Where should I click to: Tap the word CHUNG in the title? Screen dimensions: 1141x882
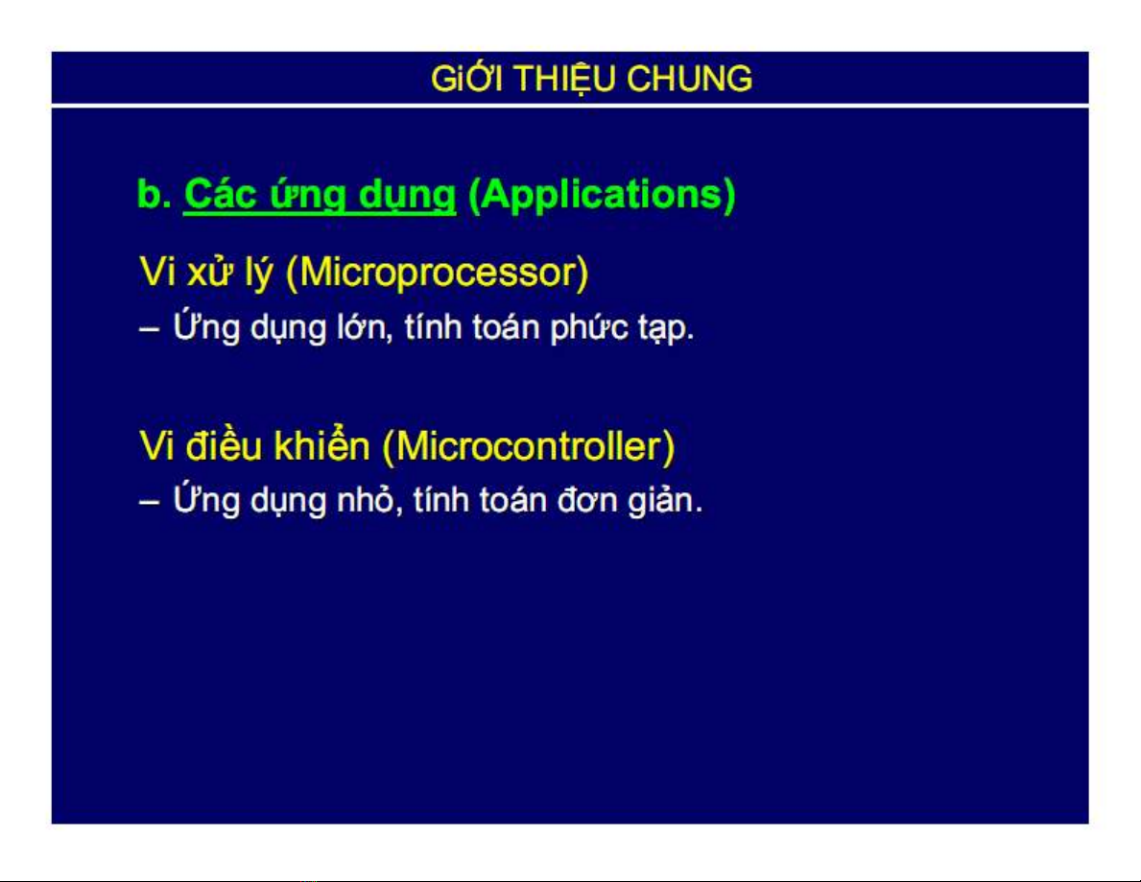[689, 79]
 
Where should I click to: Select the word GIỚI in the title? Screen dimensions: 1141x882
[465, 78]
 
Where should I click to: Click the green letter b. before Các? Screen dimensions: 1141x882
[155, 194]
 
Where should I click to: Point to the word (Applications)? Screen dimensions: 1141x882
[602, 196]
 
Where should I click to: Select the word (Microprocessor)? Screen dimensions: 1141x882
[437, 273]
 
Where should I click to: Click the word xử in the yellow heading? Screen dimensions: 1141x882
[209, 273]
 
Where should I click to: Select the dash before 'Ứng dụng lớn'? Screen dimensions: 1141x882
[149, 329]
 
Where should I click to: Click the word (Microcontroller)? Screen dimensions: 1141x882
[529, 447]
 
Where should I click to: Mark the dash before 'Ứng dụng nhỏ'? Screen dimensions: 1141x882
[149, 503]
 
